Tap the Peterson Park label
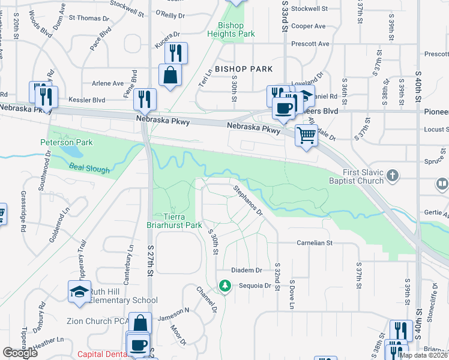[67, 142]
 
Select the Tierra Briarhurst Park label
[175, 221]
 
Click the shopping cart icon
[306, 136]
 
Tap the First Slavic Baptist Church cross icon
[393, 176]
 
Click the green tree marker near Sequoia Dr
[225, 286]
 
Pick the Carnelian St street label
[314, 243]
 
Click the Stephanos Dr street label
[249, 200]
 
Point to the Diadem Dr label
[250, 271]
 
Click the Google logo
[20, 353]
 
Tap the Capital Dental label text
[103, 354]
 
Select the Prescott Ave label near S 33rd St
[310, 44]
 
